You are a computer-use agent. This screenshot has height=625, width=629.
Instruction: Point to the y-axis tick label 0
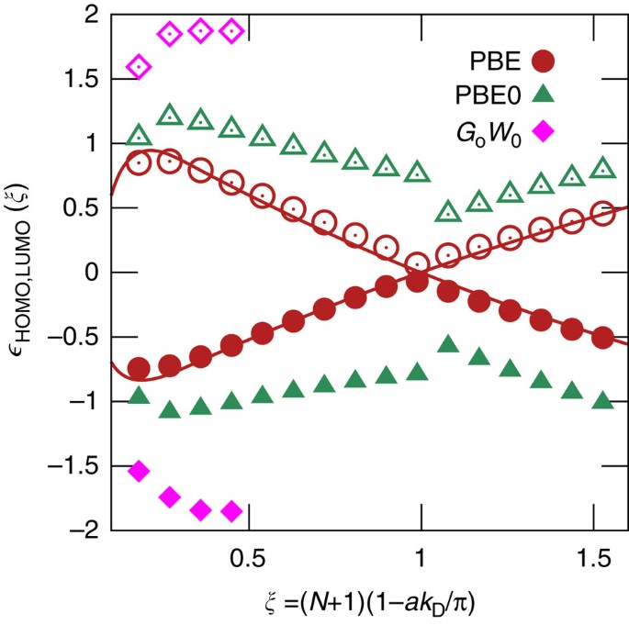(90, 273)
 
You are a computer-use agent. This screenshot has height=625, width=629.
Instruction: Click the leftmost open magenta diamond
(140, 67)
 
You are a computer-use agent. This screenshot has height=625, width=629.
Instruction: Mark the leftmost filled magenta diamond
(140, 471)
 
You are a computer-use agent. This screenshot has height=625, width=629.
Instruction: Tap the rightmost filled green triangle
(602, 401)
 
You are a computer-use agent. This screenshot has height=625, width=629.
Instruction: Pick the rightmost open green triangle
(602, 169)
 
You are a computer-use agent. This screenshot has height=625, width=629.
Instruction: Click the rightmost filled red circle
(602, 338)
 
